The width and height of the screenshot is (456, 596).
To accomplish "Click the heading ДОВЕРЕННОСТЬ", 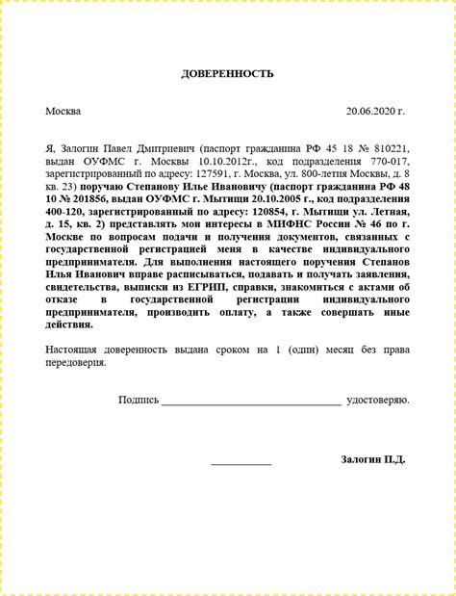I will (228, 74).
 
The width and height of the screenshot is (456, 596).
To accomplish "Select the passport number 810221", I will (390, 150).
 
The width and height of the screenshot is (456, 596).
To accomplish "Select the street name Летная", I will (386, 210).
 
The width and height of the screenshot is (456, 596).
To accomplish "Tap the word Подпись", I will (139, 399).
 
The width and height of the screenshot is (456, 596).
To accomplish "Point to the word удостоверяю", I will (377, 399).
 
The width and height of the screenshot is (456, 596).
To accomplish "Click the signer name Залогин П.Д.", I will (372, 459).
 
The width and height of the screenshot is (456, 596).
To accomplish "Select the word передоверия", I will (76, 363).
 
